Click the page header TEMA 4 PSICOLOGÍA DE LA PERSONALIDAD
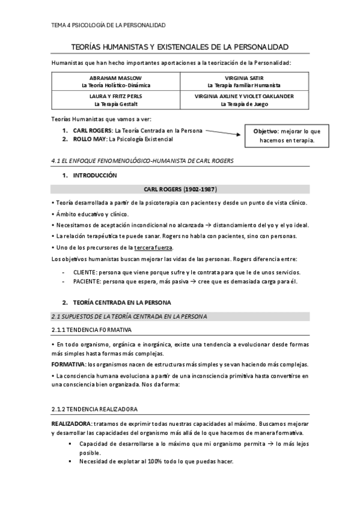click(109, 25)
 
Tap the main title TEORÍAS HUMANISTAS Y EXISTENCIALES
click(180, 46)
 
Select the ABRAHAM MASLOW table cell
click(117, 82)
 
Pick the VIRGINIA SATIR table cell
click(244, 82)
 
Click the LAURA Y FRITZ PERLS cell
click(117, 100)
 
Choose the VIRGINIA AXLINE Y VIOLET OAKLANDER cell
click(244, 100)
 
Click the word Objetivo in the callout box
click(265, 131)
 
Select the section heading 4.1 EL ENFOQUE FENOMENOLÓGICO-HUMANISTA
click(142, 161)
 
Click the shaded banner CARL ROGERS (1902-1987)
click(180, 188)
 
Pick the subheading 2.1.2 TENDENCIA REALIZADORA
click(95, 409)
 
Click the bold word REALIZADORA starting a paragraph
click(71, 424)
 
